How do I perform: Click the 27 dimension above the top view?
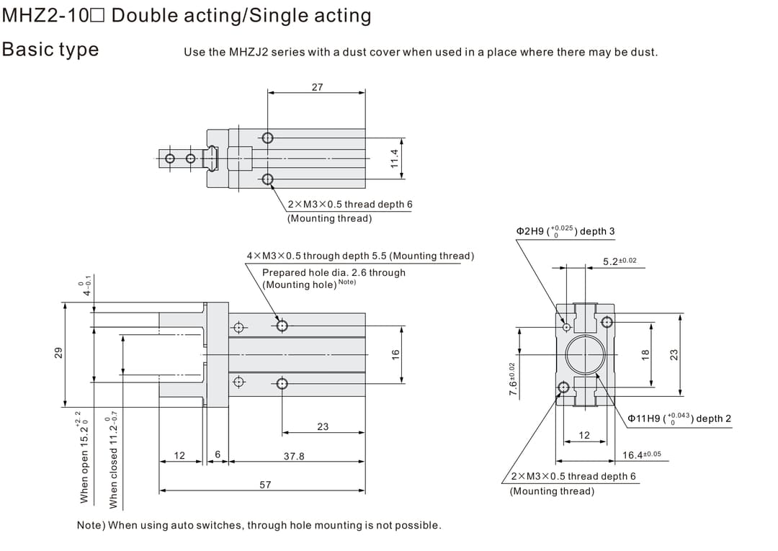[x=317, y=87]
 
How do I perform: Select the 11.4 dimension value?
[x=394, y=158]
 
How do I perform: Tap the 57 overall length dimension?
[x=265, y=485]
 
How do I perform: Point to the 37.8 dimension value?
[x=294, y=456]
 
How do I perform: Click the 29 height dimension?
[x=59, y=353]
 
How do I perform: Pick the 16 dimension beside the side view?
[x=395, y=354]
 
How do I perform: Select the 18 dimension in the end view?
[x=645, y=354]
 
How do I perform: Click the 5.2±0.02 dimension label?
[x=620, y=261]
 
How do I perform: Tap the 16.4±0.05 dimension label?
[x=641, y=455]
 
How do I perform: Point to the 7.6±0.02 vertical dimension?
[x=513, y=379]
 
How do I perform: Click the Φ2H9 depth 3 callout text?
[x=565, y=231]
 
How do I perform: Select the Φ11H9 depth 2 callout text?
[x=679, y=418]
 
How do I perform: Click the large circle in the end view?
[x=584, y=355]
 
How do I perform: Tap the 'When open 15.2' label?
[x=84, y=461]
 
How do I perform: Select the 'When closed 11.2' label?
[x=112, y=461]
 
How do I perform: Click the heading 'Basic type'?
[x=50, y=49]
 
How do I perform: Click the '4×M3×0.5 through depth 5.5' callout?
[x=360, y=256]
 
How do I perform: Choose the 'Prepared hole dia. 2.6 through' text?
[x=334, y=272]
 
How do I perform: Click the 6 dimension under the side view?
[x=217, y=455]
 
